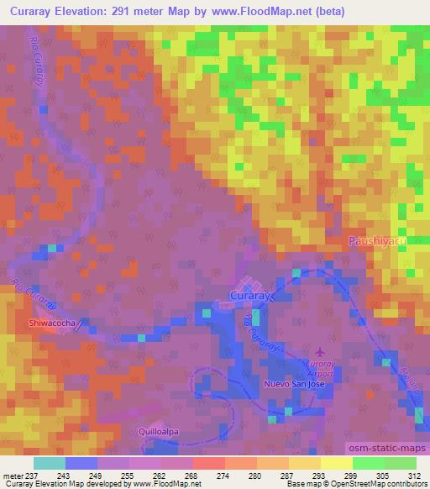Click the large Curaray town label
(249, 296)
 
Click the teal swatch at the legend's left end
(49, 463)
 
